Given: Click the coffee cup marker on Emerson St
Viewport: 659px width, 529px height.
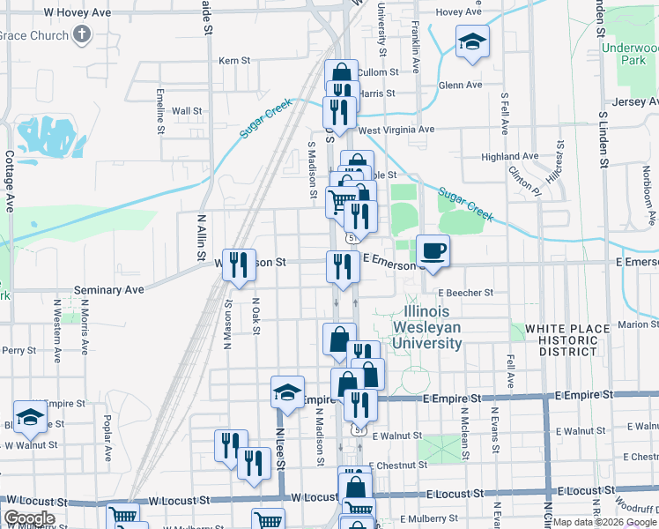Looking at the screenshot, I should tap(433, 251).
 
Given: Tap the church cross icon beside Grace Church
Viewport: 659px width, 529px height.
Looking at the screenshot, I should tap(82, 35).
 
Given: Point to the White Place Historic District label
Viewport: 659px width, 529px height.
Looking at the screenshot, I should tap(567, 340).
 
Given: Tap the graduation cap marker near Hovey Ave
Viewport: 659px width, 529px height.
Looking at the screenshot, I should tap(472, 41).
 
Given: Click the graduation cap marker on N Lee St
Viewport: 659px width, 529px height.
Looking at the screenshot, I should tap(287, 392).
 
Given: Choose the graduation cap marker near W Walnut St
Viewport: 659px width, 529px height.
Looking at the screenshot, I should tap(31, 418).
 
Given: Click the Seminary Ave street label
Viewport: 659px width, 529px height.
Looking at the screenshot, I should tap(109, 289).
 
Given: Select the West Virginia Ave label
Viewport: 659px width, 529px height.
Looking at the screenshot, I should tap(396, 130).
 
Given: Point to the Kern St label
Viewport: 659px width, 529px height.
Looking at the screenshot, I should tap(235, 61).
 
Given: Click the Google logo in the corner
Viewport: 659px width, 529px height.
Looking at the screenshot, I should tap(29, 518).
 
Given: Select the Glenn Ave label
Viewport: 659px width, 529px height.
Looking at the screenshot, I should tap(461, 86).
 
